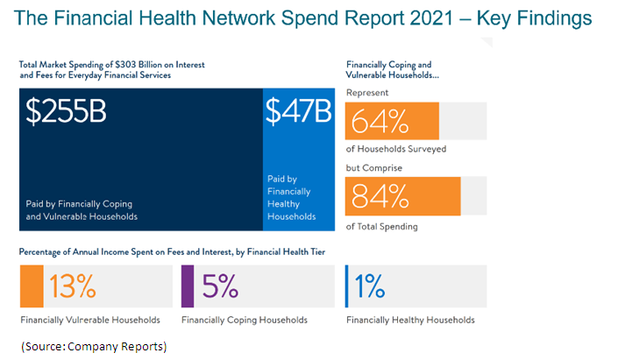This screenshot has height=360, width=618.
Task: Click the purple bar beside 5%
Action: pyautogui.click(x=187, y=286)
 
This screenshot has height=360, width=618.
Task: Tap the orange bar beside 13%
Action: pyautogui.click(x=31, y=286)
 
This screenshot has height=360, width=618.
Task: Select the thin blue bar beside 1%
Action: pyautogui.click(x=347, y=286)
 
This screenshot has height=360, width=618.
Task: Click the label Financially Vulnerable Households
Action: pyautogui.click(x=90, y=320)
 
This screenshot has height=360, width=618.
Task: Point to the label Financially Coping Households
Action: pyautogui.click(x=245, y=320)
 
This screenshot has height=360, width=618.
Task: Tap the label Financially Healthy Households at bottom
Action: pyautogui.click(x=410, y=320)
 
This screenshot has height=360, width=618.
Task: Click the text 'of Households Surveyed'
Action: pyautogui.click(x=396, y=149)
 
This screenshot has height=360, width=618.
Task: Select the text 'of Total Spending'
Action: pyautogui.click(x=382, y=227)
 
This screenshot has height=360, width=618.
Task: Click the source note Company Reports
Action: pyautogui.click(x=94, y=346)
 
